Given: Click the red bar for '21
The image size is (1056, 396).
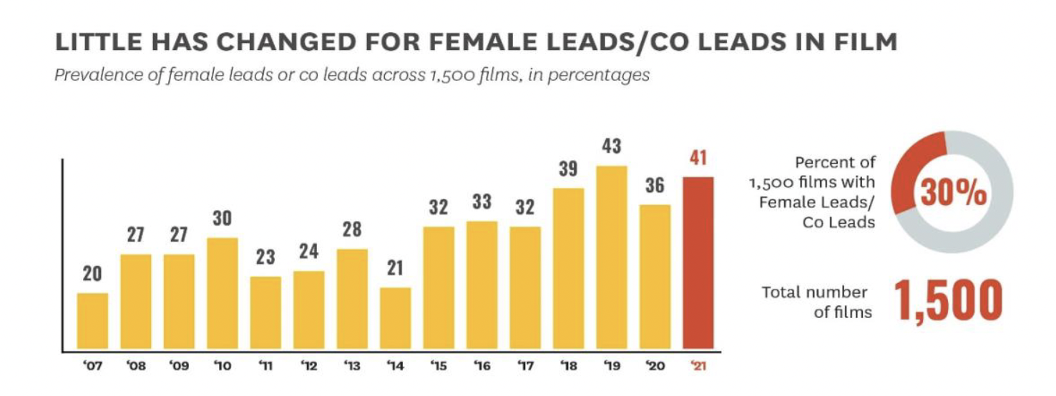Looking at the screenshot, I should pyautogui.click(x=698, y=264).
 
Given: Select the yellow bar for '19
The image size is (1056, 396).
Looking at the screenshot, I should pyautogui.click(x=611, y=258).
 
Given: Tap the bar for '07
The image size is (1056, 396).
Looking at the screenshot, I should pyautogui.click(x=92, y=322).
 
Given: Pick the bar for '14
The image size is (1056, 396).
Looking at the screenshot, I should pyautogui.click(x=395, y=319).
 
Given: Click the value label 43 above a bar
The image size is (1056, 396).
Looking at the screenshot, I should pyautogui.click(x=611, y=147).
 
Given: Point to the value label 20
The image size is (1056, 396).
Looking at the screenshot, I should pyautogui.click(x=92, y=274).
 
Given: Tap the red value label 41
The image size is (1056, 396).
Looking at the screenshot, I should pyautogui.click(x=698, y=158).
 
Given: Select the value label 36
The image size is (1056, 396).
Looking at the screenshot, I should pyautogui.click(x=655, y=186).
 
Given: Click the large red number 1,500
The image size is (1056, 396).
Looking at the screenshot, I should pyautogui.click(x=948, y=301).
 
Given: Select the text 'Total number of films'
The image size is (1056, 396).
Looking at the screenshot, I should pyautogui.click(x=815, y=302).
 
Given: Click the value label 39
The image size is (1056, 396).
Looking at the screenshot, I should pyautogui.click(x=568, y=169).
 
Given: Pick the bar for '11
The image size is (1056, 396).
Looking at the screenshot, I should pyautogui.click(x=265, y=314).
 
